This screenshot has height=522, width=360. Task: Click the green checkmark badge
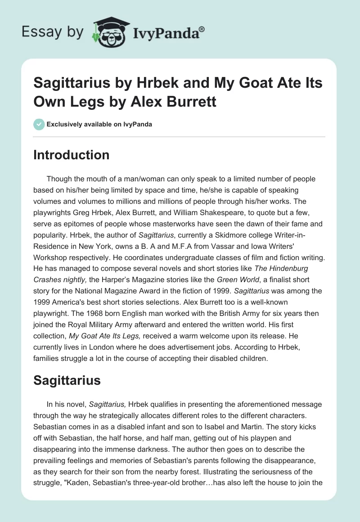click(39, 124)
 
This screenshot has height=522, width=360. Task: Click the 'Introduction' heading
click(72, 155)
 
